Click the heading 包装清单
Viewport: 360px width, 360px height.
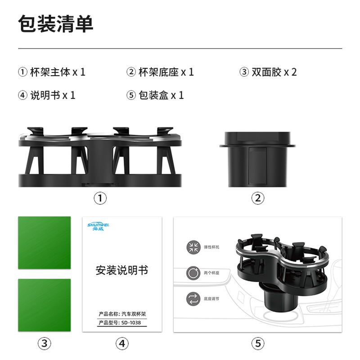(55, 24)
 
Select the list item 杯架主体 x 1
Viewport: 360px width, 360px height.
(52, 72)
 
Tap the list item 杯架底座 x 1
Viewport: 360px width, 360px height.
(160, 72)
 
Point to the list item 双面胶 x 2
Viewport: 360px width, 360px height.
(268, 72)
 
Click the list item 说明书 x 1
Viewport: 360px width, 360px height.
(47, 95)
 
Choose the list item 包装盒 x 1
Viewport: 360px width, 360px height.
(155, 95)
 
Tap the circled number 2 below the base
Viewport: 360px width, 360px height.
(257, 198)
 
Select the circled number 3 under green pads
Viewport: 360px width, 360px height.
(44, 344)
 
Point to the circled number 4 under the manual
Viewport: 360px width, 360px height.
(122, 344)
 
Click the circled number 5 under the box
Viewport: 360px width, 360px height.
(257, 344)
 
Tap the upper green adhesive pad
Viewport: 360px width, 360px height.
(44, 243)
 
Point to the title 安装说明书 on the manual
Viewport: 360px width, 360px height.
(122, 270)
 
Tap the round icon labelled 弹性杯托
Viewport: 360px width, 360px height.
(194, 247)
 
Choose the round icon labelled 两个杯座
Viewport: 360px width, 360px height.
(194, 273)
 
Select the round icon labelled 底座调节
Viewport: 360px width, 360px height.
(194, 298)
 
